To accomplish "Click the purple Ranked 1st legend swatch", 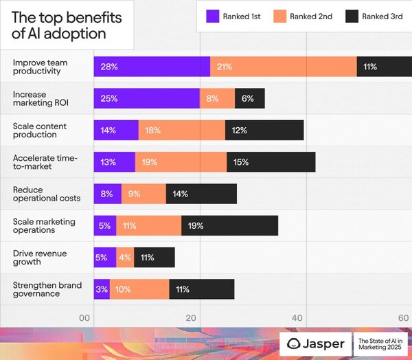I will [x=215, y=16].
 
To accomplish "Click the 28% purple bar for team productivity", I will [x=152, y=67].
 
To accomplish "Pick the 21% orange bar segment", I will [x=283, y=67].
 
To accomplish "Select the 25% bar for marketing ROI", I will [x=146, y=98].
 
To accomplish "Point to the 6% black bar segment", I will [x=249, y=98].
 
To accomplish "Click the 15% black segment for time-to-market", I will [x=271, y=162].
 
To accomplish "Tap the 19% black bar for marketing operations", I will [x=229, y=225].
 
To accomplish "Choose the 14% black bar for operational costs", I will [x=201, y=194].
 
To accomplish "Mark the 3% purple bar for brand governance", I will [x=102, y=289].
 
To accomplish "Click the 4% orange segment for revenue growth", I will [x=125, y=258].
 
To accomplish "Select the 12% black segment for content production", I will [x=264, y=131].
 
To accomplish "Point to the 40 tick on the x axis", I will [x=298, y=318].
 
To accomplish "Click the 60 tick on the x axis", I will [x=403, y=318].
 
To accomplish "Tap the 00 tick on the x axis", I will [x=84, y=318].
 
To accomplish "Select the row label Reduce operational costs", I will [x=46, y=194].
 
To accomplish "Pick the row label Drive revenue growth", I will [x=39, y=258].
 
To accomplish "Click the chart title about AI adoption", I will [x=60, y=25].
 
